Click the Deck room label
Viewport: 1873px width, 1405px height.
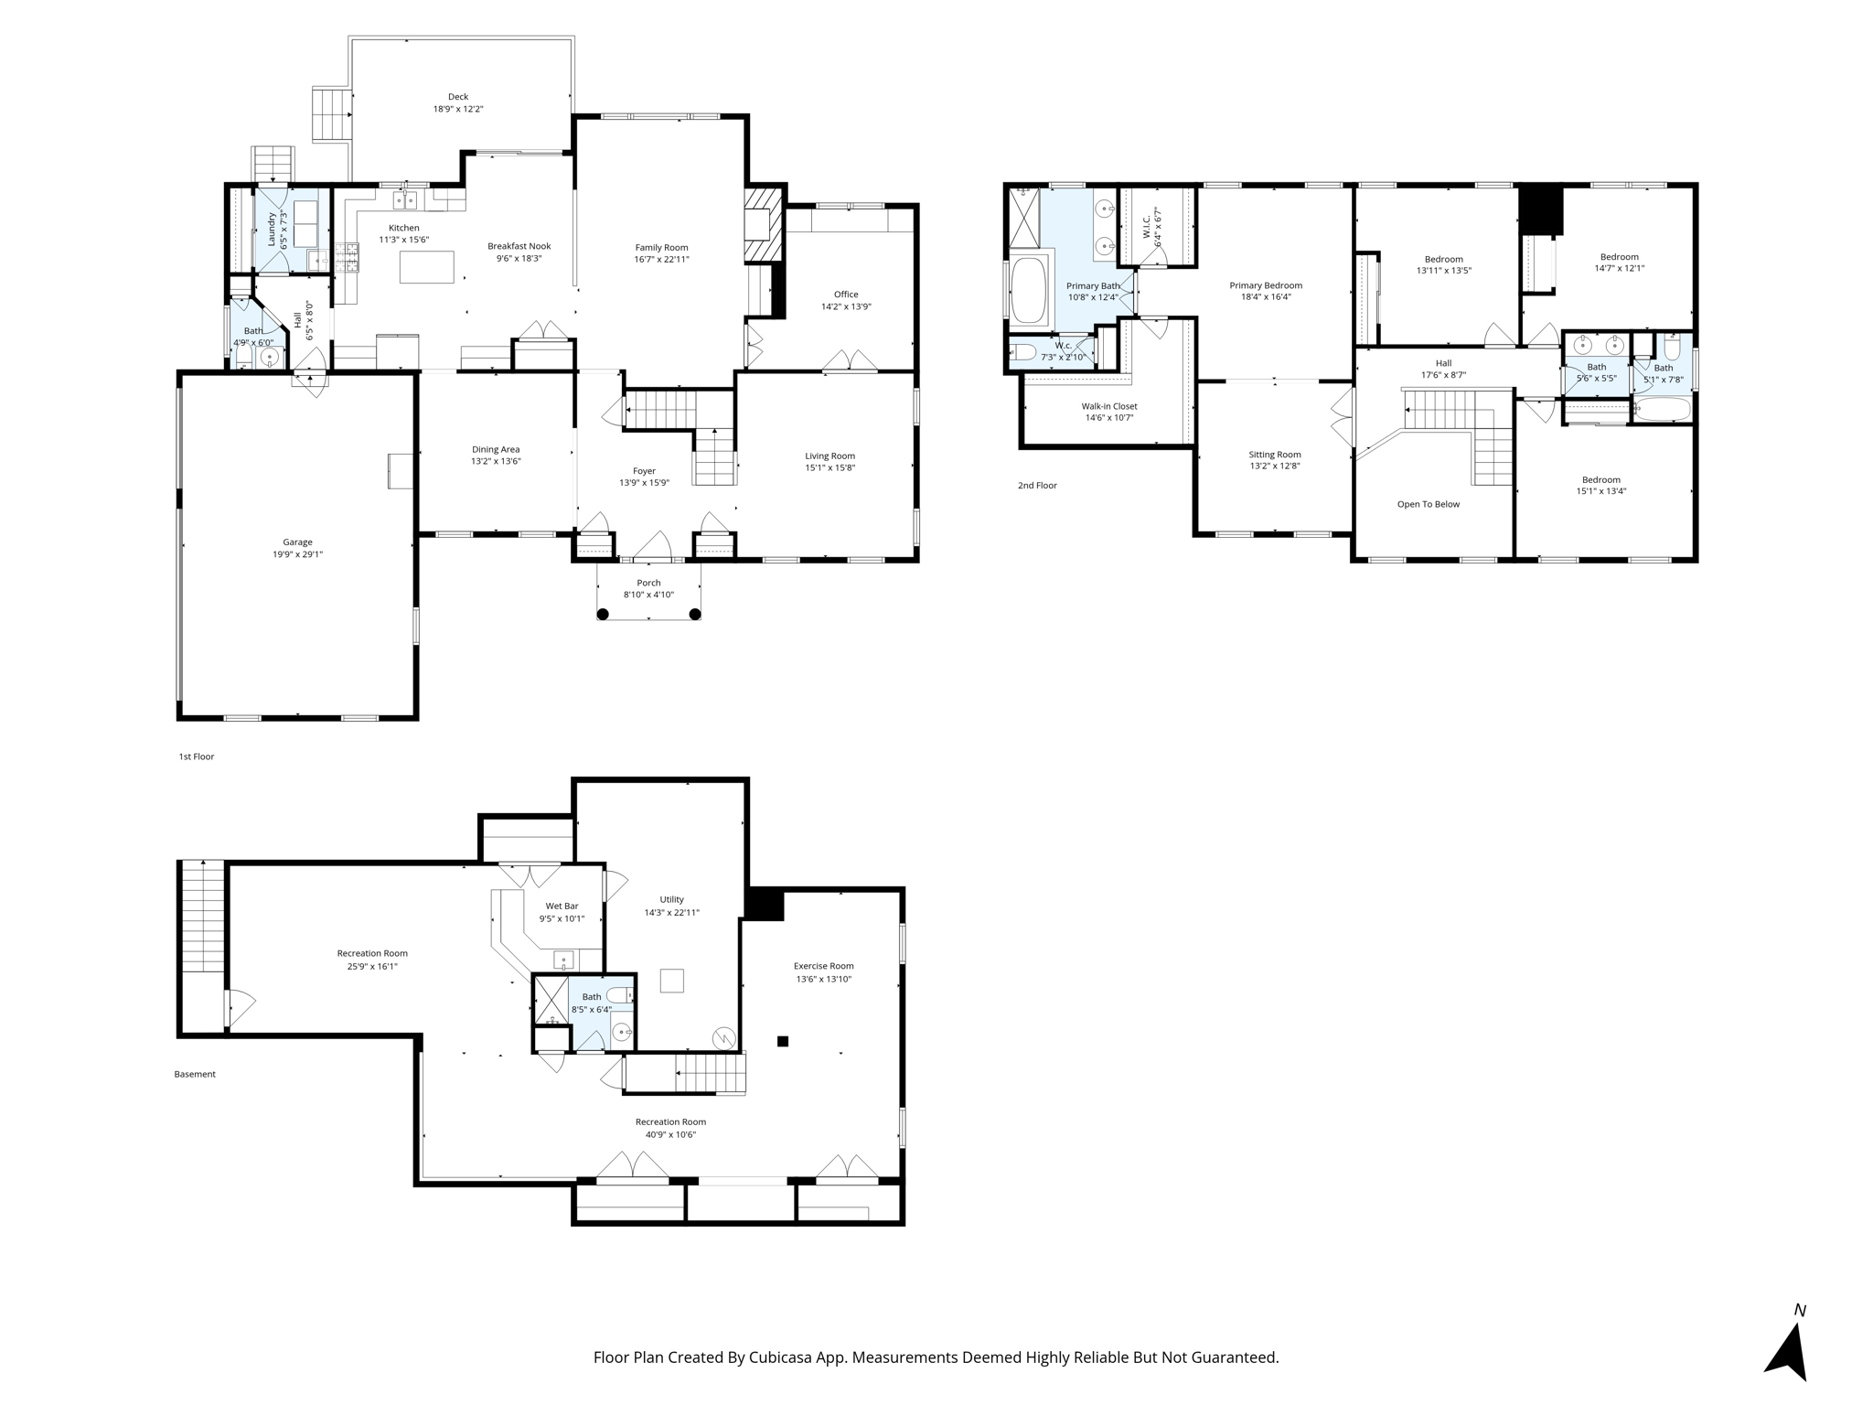coord(458,97)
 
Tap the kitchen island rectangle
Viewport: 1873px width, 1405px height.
coord(427,267)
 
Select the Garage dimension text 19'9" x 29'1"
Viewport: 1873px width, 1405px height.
coord(297,554)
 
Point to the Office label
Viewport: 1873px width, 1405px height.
coord(846,295)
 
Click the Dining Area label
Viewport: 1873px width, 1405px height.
coord(496,449)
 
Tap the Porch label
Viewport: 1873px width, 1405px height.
coord(648,583)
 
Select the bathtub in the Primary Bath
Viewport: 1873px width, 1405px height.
coord(1031,291)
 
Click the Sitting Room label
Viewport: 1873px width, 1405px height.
coord(1275,455)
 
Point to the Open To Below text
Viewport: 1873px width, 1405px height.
coord(1429,504)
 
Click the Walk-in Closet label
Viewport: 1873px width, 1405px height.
coord(1109,406)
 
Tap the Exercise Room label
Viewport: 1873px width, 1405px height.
coord(823,966)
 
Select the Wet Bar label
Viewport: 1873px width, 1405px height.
coord(562,906)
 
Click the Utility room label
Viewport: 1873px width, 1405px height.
coord(671,900)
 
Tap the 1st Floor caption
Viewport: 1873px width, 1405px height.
coord(197,757)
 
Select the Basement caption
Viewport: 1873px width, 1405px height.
coord(195,1074)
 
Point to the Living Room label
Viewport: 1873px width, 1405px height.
coord(829,456)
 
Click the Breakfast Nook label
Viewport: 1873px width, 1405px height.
coord(519,246)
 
